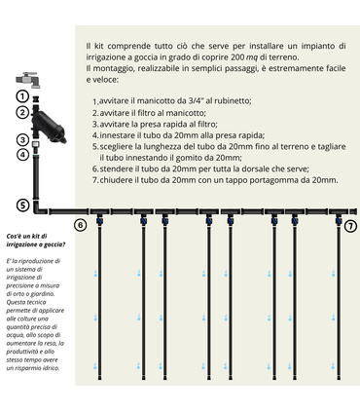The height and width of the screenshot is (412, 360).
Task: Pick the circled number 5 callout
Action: [x=21, y=206]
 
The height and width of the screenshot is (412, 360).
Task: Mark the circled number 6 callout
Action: [x=80, y=225]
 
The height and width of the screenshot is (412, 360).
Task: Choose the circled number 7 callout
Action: [x=350, y=225]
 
